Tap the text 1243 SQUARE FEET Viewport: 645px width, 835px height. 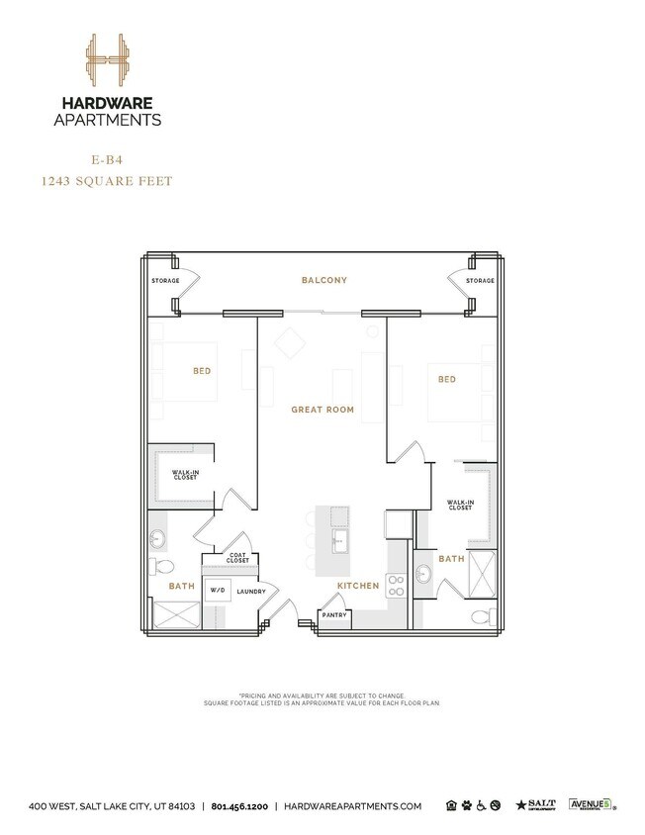tap(106, 181)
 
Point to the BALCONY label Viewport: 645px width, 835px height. tap(323, 281)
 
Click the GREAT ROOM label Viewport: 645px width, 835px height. tap(322, 409)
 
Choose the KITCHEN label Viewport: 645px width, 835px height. tap(357, 586)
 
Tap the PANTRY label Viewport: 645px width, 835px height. tap(333, 615)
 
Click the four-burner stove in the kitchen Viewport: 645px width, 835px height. tap(396, 585)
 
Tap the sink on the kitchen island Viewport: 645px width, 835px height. tap(339, 540)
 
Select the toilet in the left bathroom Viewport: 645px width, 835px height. tap(163, 566)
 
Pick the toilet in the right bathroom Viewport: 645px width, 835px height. tap(481, 617)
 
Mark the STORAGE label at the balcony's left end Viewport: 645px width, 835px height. tap(165, 282)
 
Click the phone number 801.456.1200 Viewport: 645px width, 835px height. tap(241, 807)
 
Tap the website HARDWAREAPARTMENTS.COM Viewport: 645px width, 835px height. tap(353, 807)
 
